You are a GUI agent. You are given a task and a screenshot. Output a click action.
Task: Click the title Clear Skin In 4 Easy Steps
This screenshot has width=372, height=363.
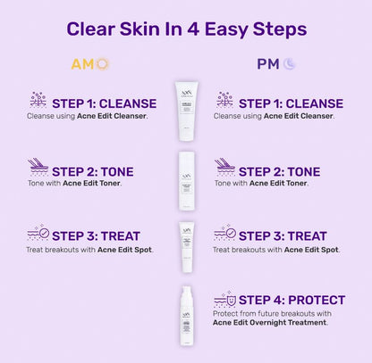[186, 29]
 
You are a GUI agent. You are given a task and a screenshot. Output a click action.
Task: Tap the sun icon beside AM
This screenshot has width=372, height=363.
[102, 64]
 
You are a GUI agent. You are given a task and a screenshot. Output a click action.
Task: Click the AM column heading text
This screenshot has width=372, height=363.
[81, 64]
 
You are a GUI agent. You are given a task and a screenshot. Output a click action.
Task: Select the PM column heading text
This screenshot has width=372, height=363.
[267, 64]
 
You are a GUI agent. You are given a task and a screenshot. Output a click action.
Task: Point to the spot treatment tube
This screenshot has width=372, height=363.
[186, 245]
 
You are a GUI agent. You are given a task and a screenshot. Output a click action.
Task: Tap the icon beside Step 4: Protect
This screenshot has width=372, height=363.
[224, 300]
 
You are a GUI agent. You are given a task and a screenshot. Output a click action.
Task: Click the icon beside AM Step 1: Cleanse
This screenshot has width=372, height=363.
[38, 100]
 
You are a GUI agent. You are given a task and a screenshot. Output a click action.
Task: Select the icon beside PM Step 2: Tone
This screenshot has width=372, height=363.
[224, 167]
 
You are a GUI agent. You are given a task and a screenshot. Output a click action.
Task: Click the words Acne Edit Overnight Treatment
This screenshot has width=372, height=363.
[270, 322]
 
